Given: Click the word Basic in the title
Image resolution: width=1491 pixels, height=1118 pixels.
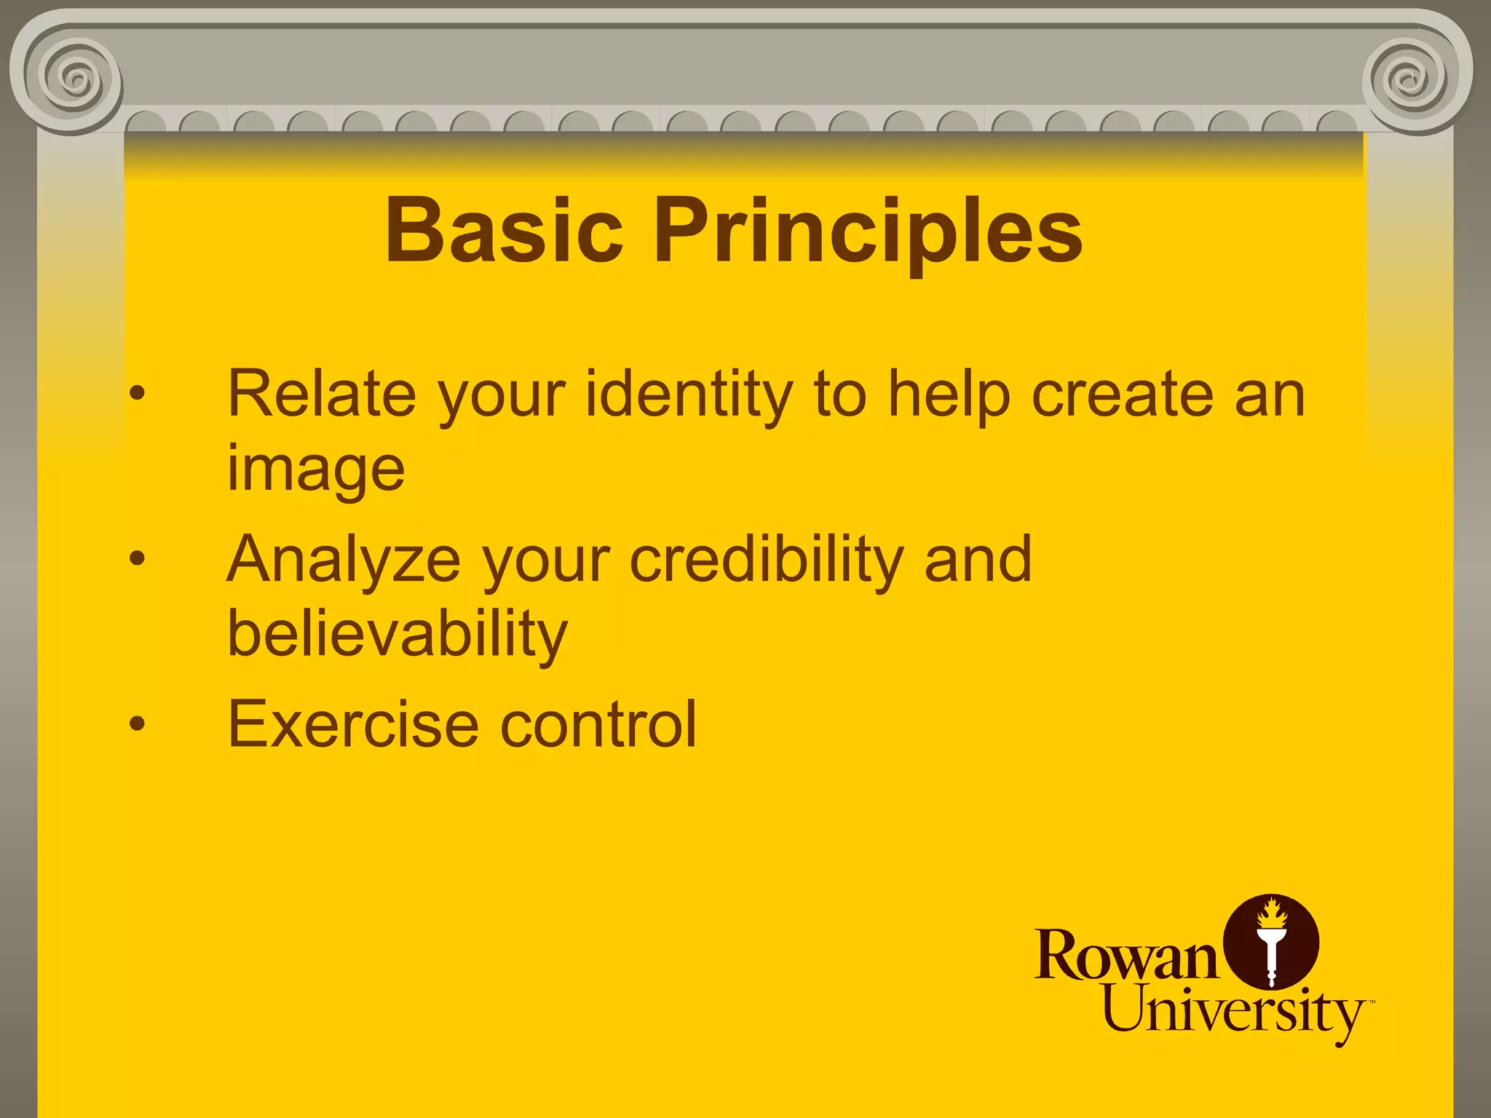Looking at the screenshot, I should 504,231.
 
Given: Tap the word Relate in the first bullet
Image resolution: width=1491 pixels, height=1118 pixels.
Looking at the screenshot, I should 322,395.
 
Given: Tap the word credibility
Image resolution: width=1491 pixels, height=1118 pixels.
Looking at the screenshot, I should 767,560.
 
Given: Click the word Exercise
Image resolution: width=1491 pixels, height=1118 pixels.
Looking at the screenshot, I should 354,725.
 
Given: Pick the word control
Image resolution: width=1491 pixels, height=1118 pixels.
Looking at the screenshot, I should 598,725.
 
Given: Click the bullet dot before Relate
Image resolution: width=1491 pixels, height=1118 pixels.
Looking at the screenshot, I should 137,394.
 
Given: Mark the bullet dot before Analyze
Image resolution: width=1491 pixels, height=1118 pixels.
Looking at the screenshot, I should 137,559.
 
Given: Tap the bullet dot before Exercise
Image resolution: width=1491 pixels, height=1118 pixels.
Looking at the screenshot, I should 137,723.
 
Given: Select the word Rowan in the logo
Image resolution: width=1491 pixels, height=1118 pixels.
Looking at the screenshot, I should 1126,955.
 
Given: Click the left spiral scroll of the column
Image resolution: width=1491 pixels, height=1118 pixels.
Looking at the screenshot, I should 73,77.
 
